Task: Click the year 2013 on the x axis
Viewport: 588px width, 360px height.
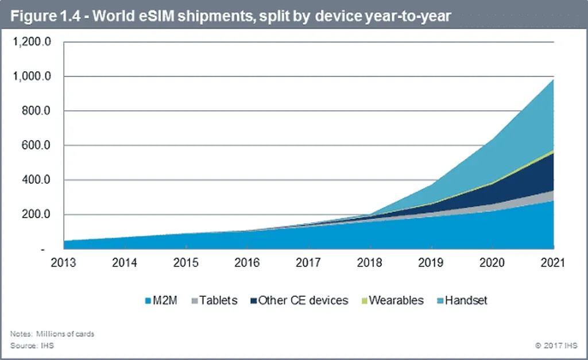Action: (x=63, y=264)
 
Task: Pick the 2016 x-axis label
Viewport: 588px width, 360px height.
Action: (x=247, y=264)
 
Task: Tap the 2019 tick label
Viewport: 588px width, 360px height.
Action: (x=431, y=264)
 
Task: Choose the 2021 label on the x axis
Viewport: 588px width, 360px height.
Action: (x=552, y=264)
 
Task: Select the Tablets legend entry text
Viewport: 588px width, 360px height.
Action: (x=219, y=300)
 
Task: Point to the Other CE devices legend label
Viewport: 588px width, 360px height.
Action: (x=303, y=300)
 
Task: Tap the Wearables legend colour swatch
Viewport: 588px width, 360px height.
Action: (x=363, y=301)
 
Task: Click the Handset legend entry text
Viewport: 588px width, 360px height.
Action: (x=466, y=300)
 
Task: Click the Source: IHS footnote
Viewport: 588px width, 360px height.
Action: (x=32, y=346)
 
